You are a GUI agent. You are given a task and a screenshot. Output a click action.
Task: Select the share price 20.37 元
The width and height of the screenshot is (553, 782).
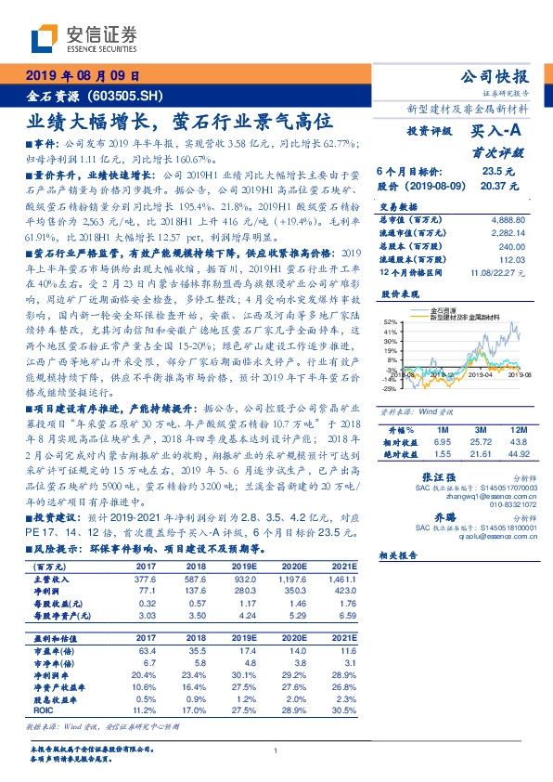(493, 186)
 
